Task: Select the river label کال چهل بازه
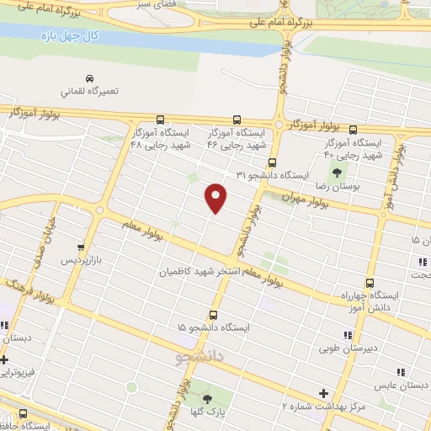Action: click(70, 37)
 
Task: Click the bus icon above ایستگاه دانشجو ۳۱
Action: click(271, 163)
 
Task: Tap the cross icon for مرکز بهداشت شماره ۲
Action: click(323, 392)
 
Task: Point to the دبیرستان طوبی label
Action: click(351, 346)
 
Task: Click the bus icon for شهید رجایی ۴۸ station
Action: click(160, 120)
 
